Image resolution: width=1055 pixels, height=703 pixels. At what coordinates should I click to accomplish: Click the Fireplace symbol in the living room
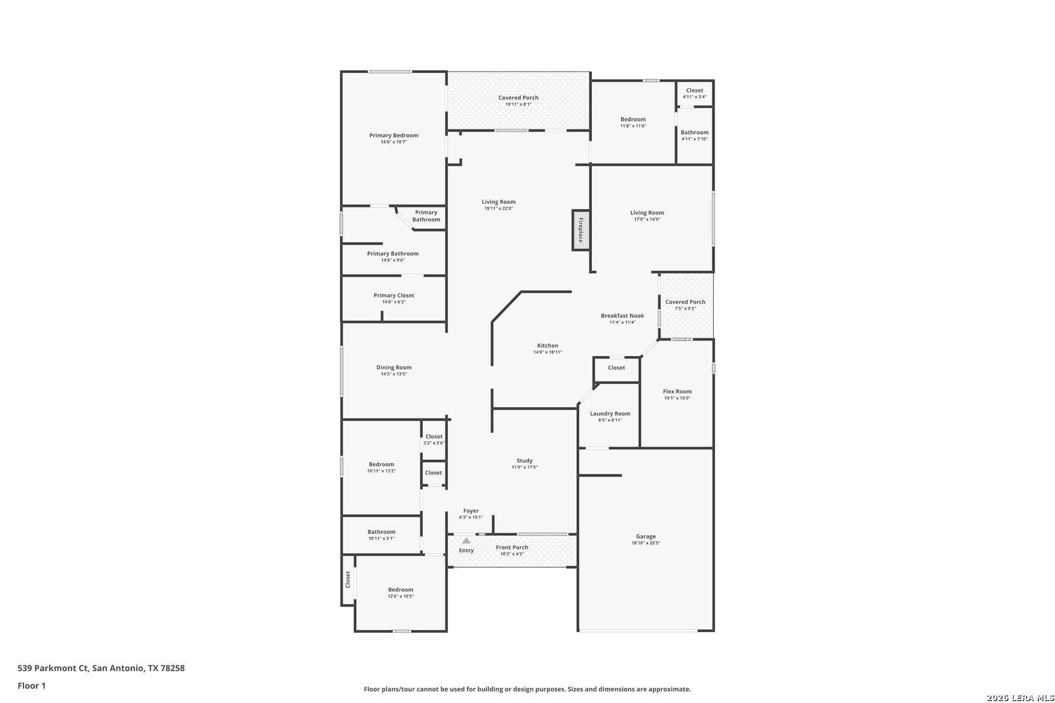[x=581, y=230]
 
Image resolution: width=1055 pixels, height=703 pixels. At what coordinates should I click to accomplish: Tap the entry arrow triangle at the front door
[x=466, y=540]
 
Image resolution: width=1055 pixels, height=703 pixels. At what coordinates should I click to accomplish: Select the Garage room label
[x=646, y=536]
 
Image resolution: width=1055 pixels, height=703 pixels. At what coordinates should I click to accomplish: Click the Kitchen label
[x=548, y=346]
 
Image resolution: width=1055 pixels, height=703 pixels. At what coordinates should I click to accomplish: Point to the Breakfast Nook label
[x=623, y=316]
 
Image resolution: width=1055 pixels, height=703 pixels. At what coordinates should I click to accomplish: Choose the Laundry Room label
[x=610, y=414]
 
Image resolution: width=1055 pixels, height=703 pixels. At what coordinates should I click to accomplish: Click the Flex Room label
[x=677, y=391]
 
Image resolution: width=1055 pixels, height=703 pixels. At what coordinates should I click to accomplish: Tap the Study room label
[x=525, y=461]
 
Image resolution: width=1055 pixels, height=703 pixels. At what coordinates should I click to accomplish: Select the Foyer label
[x=471, y=511]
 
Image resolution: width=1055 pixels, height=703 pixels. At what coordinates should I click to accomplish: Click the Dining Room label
[x=394, y=368]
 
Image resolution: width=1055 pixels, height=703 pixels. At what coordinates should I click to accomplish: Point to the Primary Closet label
[x=394, y=296]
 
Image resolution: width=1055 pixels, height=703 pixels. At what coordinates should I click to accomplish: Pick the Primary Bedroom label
[x=394, y=135]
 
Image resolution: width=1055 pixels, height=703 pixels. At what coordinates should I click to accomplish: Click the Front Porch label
[x=512, y=547]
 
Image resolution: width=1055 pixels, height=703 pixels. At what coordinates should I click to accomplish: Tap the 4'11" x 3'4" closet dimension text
[x=695, y=97]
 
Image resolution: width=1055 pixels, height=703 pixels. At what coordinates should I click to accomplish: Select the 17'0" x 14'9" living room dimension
[x=647, y=219]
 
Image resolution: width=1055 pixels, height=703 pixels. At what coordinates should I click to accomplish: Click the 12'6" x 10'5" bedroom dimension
[x=401, y=597]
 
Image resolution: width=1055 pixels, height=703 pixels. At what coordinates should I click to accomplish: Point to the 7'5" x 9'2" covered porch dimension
[x=685, y=309]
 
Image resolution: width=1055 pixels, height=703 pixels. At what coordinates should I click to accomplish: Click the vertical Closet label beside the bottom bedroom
[x=348, y=579]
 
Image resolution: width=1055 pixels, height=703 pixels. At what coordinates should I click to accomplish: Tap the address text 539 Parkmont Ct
[x=53, y=668]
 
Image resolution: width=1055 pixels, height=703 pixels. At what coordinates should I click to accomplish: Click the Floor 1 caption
[x=31, y=686]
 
